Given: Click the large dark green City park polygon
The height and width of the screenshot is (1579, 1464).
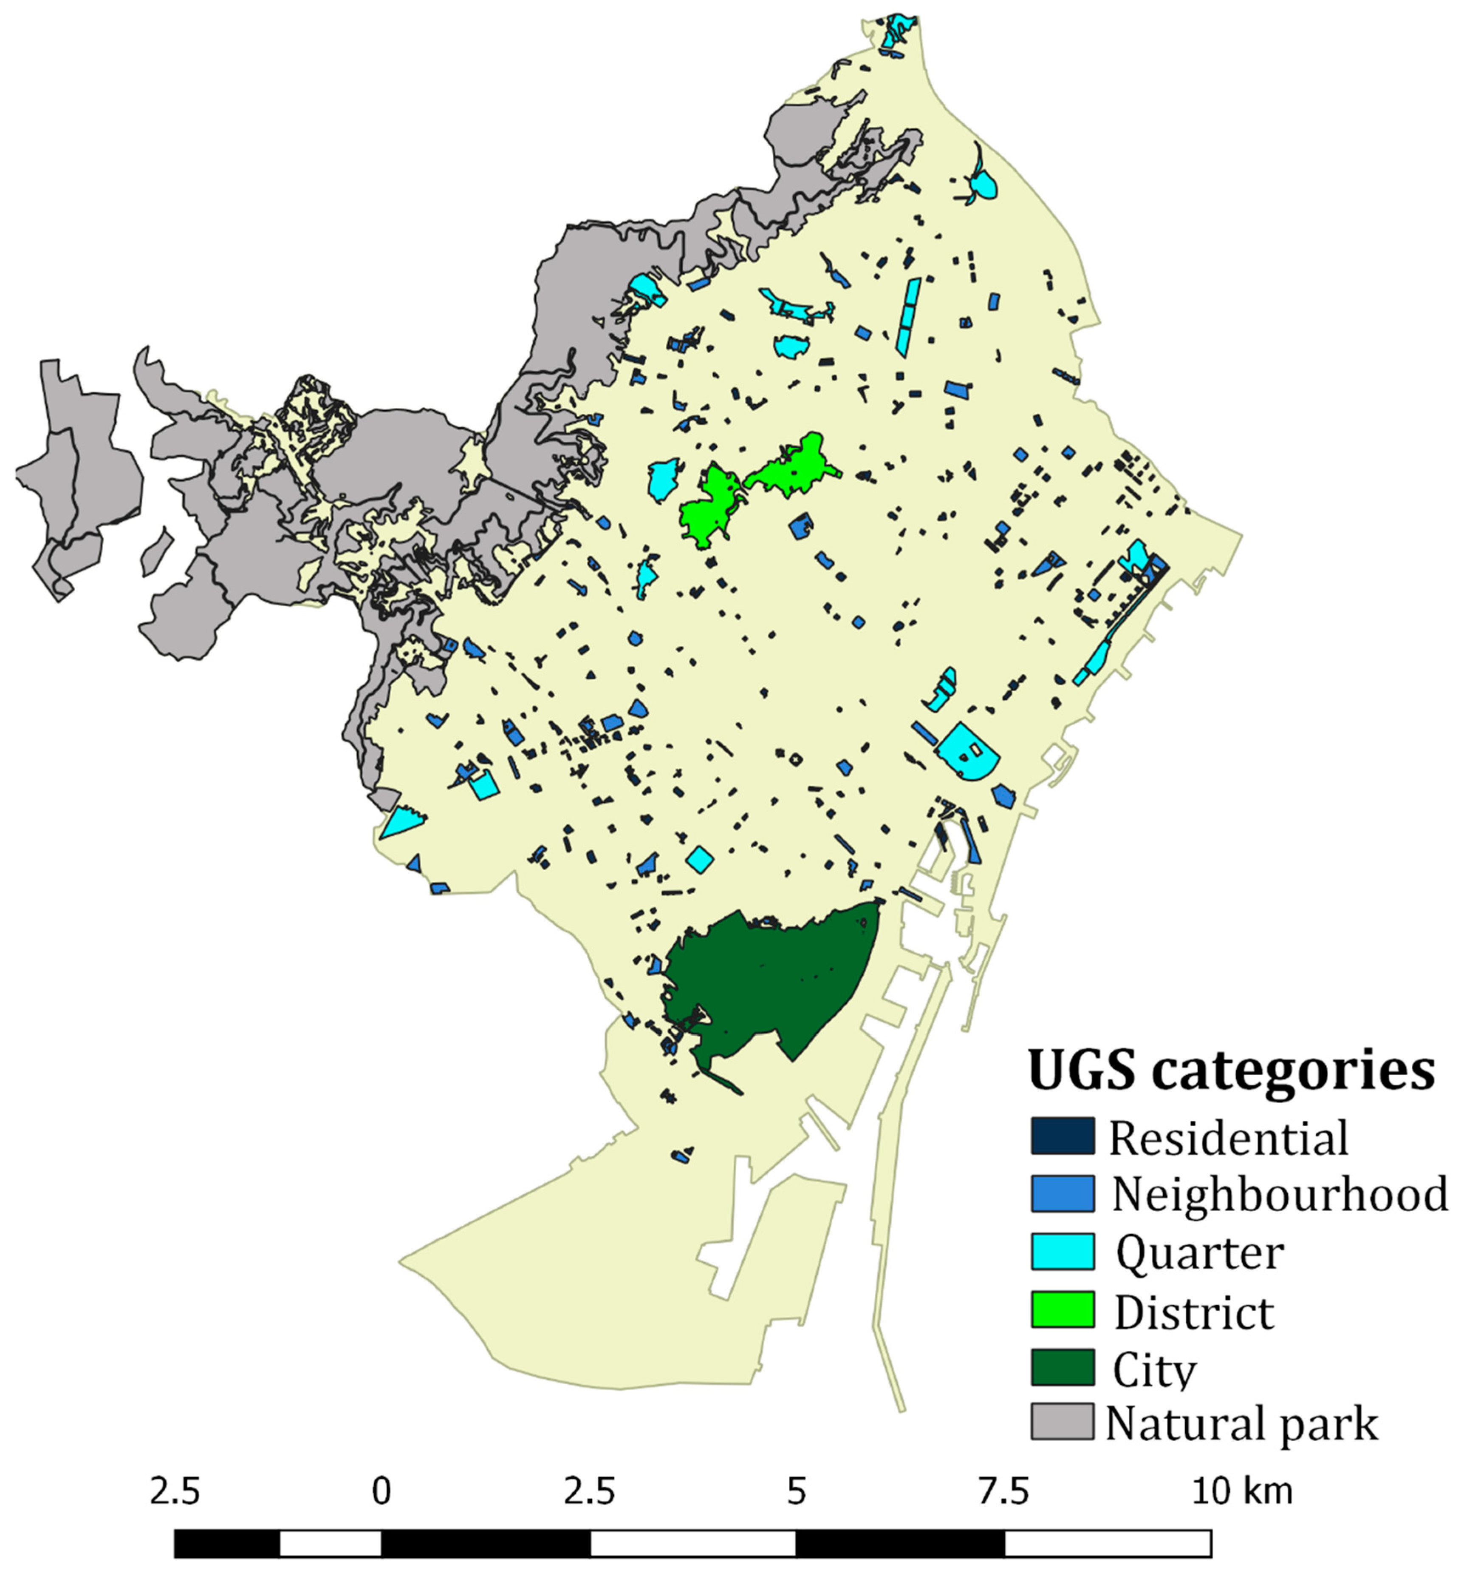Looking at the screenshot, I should click(x=776, y=983).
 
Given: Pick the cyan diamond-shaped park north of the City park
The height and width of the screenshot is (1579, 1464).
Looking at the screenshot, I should click(x=700, y=858).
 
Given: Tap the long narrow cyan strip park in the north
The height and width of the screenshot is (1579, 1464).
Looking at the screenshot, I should click(x=907, y=317).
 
